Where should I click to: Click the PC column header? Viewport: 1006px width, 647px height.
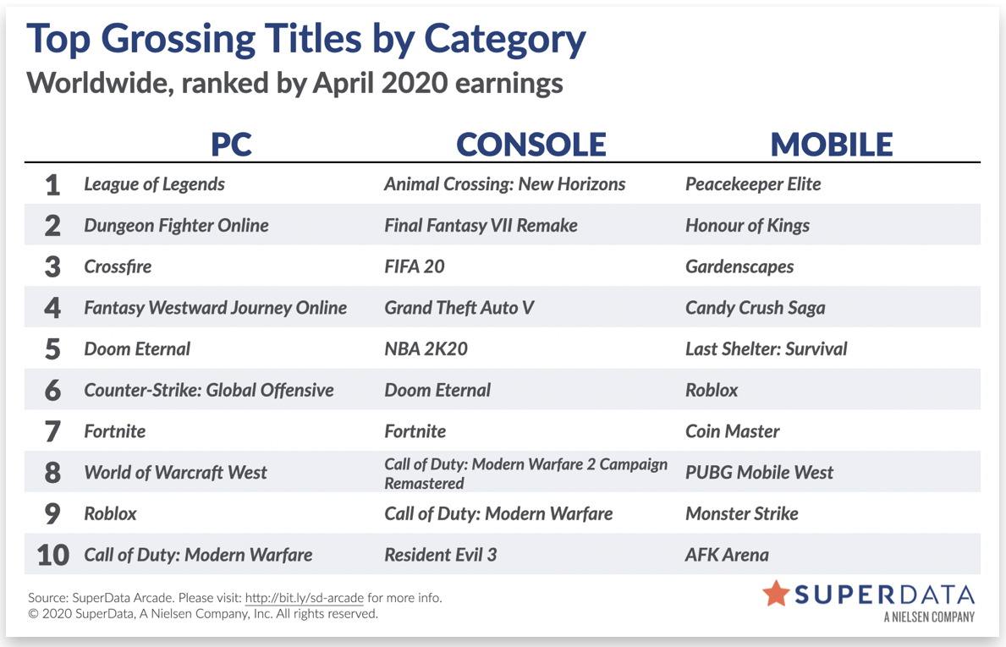pyautogui.click(x=231, y=145)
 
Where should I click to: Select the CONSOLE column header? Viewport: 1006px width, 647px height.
pyautogui.click(x=531, y=145)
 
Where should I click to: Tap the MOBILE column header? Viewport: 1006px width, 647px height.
pyautogui.click(x=832, y=145)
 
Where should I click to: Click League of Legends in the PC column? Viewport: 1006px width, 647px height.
pyautogui.click(x=154, y=184)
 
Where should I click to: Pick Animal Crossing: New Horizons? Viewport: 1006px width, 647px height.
pyautogui.click(x=505, y=184)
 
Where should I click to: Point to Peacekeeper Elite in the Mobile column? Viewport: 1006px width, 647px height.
pyautogui.click(x=753, y=184)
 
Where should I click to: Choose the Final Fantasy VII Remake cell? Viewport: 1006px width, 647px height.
pyautogui.click(x=481, y=226)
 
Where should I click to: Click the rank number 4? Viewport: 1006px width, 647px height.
pyautogui.click(x=52, y=309)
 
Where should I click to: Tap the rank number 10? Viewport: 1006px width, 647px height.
pyautogui.click(x=52, y=556)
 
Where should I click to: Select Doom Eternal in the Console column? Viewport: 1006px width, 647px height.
pyautogui.click(x=437, y=391)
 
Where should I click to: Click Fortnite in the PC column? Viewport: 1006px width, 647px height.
pyautogui.click(x=115, y=431)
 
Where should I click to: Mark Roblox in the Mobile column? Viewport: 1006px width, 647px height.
pyautogui.click(x=712, y=391)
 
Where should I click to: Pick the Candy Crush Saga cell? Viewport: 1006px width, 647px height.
pyautogui.click(x=756, y=309)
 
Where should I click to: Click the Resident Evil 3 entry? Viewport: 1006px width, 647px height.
pyautogui.click(x=440, y=556)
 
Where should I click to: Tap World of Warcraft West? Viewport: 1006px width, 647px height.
pyautogui.click(x=175, y=473)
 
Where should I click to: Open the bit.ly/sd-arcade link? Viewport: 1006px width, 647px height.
pyautogui.click(x=304, y=598)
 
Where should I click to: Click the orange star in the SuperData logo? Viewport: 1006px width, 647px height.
pyautogui.click(x=776, y=593)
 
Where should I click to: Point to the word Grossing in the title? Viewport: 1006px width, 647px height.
pyautogui.click(x=177, y=40)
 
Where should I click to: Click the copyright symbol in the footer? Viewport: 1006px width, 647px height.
pyautogui.click(x=33, y=614)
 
